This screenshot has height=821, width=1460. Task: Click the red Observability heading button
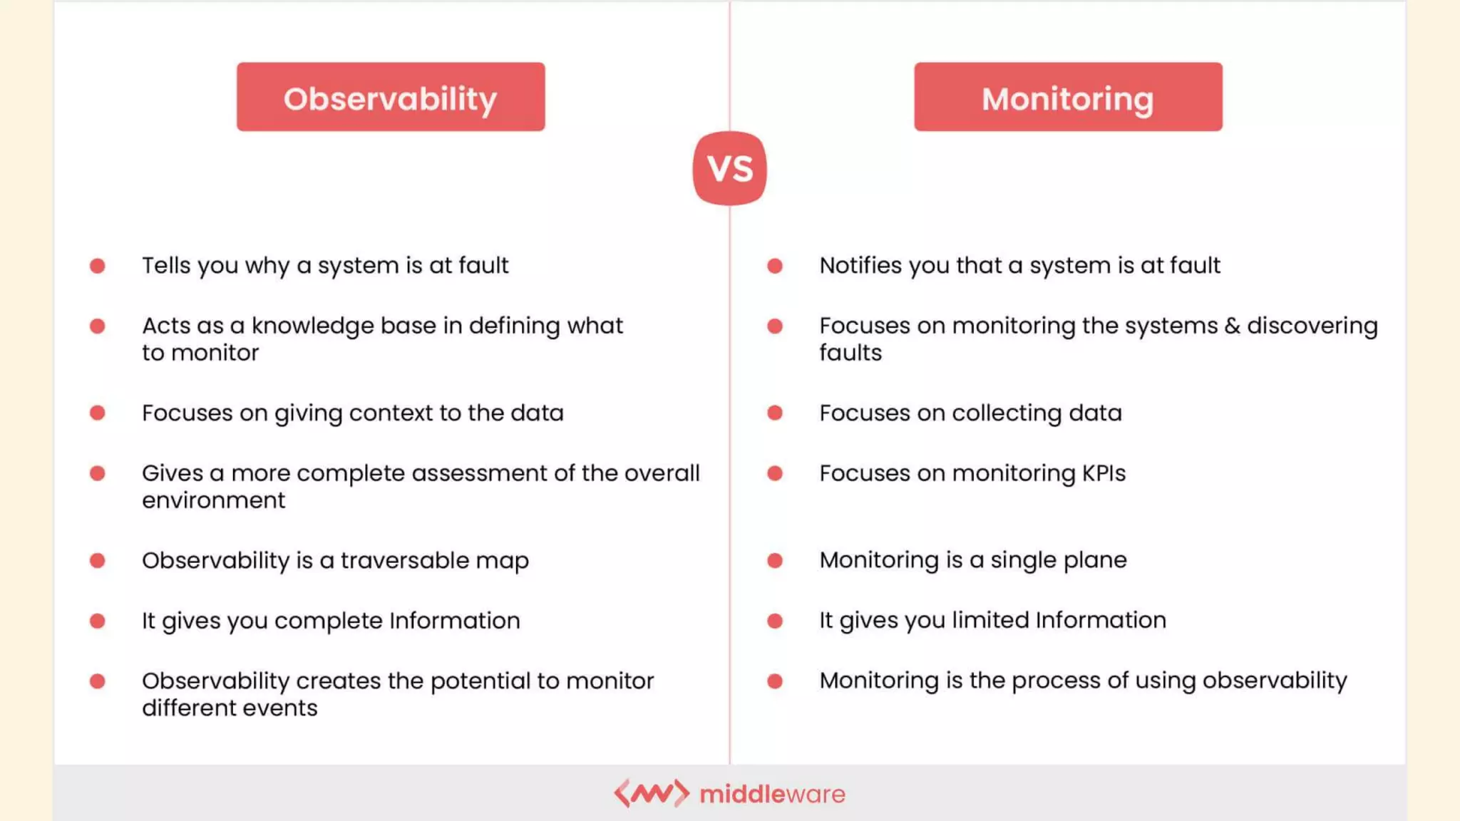point(391,97)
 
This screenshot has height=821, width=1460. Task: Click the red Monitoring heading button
point(1068,97)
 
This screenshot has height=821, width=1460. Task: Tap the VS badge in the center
point(729,168)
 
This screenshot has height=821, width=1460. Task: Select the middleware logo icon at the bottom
point(652,793)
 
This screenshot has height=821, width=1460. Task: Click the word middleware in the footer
point(773,794)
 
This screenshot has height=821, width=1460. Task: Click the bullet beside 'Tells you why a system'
point(98,266)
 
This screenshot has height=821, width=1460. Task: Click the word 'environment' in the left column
point(213,500)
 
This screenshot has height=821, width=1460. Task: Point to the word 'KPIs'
point(1104,473)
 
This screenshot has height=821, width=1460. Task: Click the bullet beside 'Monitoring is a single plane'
point(775,561)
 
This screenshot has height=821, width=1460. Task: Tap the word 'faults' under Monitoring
point(850,353)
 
